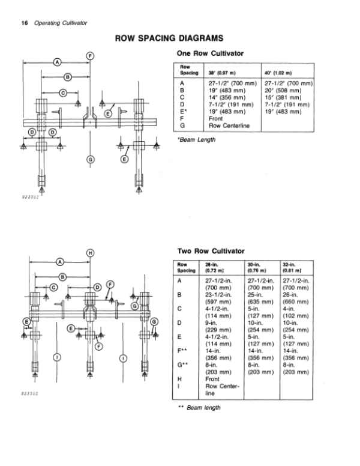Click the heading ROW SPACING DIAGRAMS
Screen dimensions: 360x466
(x=169, y=38)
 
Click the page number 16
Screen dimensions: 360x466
(x=25, y=23)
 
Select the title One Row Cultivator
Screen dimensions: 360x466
(x=210, y=53)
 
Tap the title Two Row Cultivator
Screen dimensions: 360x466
(x=211, y=251)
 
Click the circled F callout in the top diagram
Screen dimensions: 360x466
(x=90, y=56)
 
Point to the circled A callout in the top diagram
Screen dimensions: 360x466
(x=57, y=62)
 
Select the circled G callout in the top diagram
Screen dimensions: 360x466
(x=90, y=160)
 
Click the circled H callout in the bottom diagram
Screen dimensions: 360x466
(x=90, y=253)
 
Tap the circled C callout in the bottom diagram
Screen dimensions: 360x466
(x=54, y=288)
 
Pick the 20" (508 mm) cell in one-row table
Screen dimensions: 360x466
(x=283, y=90)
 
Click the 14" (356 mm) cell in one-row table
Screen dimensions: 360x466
(x=227, y=97)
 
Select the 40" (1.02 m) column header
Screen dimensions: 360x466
(x=278, y=73)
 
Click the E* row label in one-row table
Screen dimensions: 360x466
(x=184, y=112)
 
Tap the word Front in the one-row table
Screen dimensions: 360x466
(x=215, y=118)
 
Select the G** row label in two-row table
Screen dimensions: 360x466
(x=182, y=365)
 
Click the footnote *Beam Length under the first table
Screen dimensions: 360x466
(x=196, y=140)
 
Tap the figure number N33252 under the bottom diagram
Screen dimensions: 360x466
(x=30, y=394)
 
